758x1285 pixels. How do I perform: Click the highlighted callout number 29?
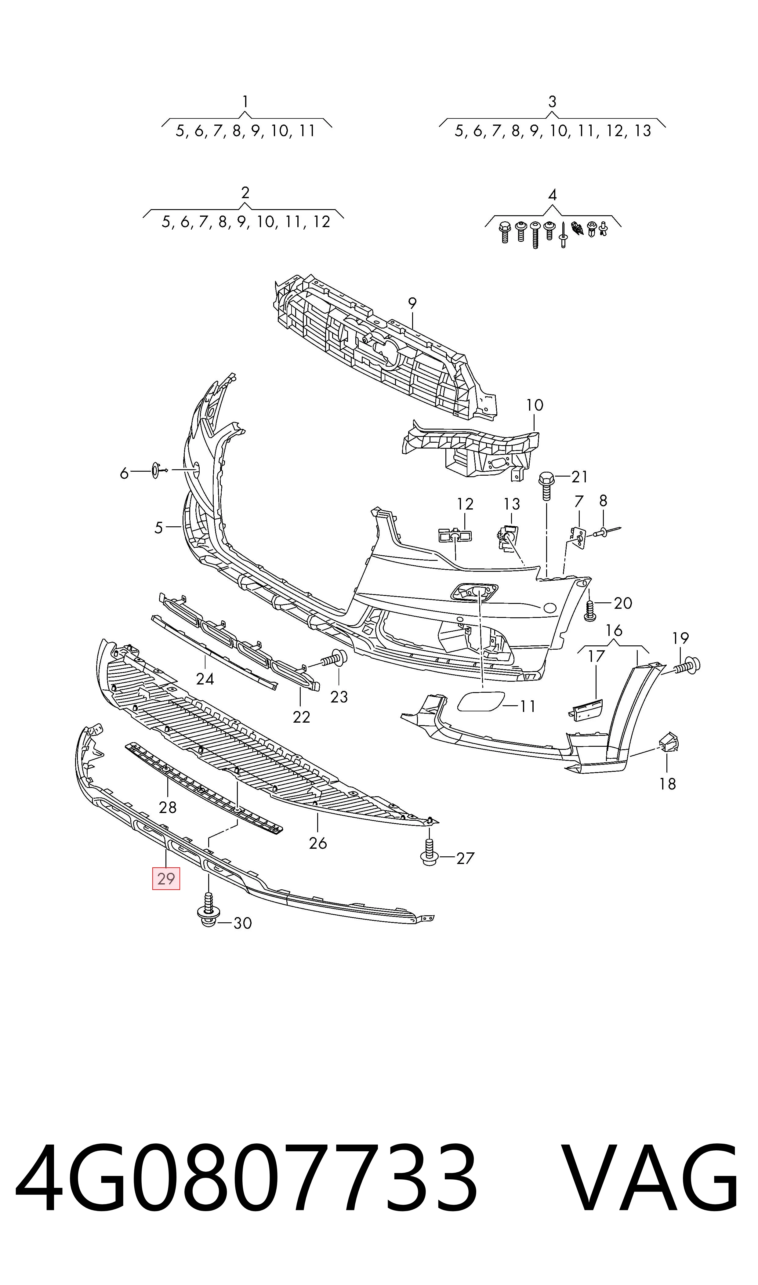click(x=166, y=878)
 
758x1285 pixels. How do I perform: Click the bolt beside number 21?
click(x=546, y=485)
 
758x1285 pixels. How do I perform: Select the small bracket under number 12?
click(x=455, y=535)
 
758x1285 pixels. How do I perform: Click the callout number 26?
click(x=318, y=843)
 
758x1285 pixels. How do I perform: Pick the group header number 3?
click(x=552, y=102)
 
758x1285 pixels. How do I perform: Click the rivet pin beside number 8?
click(x=607, y=532)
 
